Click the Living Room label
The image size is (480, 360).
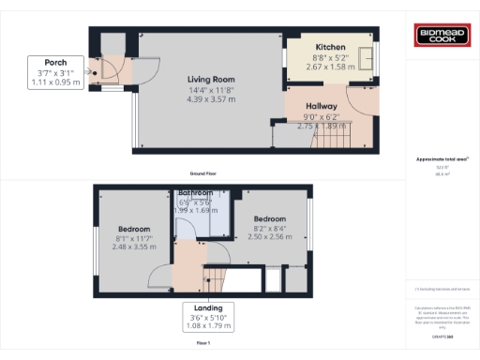[x=210, y=80]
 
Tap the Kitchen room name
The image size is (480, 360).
[x=330, y=47]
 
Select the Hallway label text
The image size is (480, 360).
[x=321, y=107]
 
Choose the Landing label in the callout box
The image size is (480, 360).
[x=208, y=307]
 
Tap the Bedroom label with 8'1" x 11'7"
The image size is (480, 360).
[x=134, y=229]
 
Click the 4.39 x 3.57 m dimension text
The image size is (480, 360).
[x=210, y=99]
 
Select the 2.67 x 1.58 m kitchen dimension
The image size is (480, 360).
[x=330, y=67]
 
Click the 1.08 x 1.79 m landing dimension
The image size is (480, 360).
[x=208, y=328]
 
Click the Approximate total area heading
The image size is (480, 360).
[x=442, y=159]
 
